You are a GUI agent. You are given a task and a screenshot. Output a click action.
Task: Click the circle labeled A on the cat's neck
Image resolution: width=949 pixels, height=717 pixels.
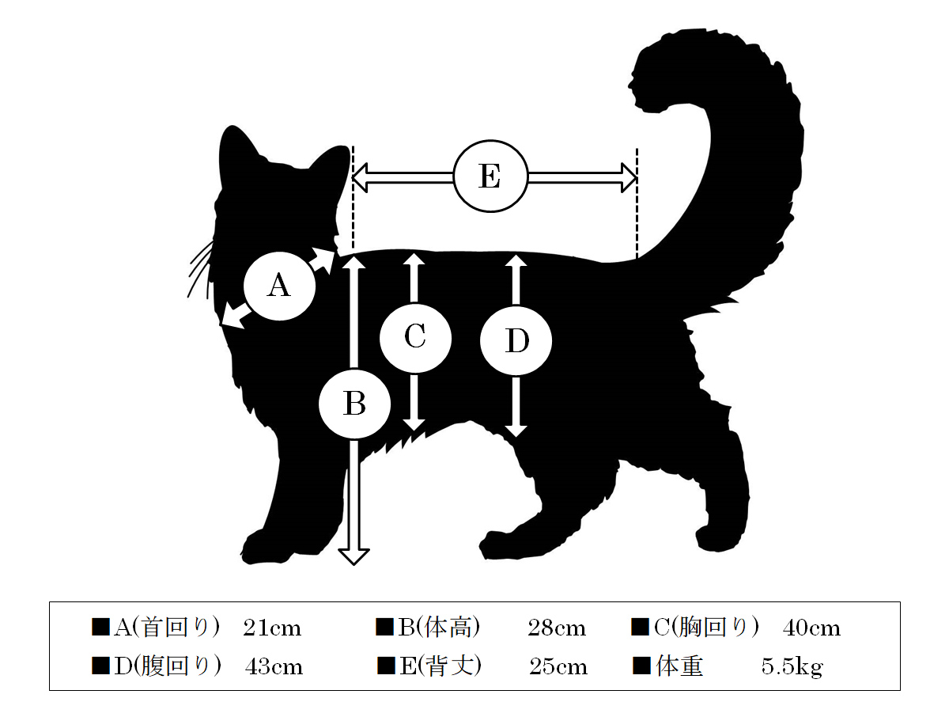point(279,286)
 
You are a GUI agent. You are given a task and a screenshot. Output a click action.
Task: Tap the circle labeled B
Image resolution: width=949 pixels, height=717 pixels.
point(354,404)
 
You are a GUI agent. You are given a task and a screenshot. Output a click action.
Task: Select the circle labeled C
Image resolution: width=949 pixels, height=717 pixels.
point(415,337)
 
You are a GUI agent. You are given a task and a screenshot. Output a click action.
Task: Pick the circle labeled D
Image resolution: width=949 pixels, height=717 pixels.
point(516,340)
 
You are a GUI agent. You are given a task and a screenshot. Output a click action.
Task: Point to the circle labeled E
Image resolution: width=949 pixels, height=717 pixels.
point(491,176)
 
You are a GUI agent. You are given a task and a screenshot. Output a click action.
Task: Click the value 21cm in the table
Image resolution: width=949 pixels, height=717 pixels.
point(272,628)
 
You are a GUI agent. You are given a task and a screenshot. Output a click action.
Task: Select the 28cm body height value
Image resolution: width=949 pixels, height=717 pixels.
point(557,628)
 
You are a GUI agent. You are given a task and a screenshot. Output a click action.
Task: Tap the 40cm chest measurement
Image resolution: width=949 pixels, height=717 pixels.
point(811,628)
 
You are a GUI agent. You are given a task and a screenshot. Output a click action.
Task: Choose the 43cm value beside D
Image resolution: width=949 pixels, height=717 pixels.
point(274,666)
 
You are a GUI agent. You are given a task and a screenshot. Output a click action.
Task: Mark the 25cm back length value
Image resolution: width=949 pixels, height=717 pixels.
point(558,666)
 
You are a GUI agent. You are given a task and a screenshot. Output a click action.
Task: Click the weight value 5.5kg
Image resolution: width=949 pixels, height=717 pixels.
point(792,667)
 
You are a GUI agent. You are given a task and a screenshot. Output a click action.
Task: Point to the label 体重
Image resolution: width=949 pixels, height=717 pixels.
point(679,666)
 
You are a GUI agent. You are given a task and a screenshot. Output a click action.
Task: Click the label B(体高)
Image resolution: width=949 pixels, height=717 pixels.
point(439,628)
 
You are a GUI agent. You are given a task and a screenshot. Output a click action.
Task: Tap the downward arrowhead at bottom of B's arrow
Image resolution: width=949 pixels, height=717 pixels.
point(354,556)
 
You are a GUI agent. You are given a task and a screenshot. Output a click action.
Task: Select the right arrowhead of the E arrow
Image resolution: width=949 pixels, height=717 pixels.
point(629,177)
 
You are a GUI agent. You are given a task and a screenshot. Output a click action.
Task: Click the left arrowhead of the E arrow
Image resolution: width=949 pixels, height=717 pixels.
point(360,177)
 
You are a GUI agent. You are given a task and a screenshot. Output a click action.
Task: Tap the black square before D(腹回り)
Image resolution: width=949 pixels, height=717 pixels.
point(100,666)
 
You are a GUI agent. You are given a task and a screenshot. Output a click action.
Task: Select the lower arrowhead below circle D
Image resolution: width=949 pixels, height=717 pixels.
point(516,431)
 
